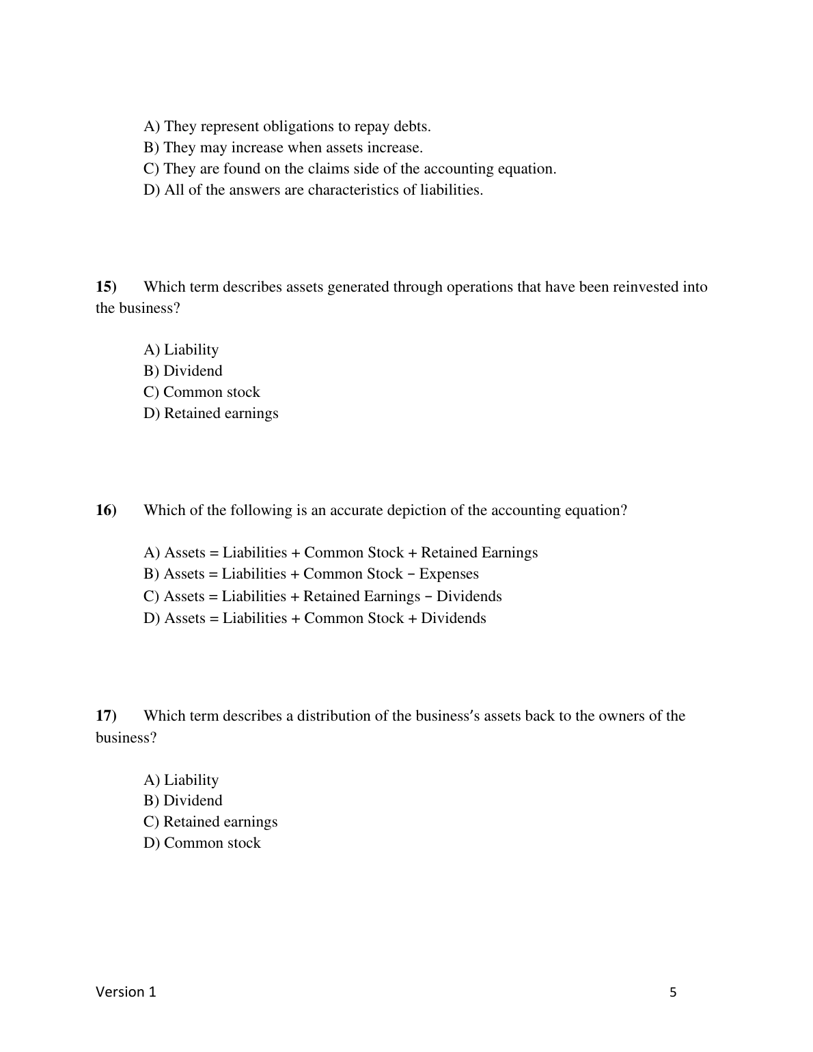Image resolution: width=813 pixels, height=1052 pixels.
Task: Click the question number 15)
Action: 107,287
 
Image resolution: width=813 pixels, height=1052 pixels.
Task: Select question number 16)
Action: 107,510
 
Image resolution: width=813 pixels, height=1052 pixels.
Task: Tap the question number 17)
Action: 107,716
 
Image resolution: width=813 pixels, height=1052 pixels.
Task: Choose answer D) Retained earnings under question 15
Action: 211,413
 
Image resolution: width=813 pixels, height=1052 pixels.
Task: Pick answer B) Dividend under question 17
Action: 183,801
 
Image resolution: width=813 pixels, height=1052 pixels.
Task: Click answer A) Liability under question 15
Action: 181,350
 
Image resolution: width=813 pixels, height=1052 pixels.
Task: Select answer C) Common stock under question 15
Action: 202,392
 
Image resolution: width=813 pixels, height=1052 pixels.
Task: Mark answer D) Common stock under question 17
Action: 202,843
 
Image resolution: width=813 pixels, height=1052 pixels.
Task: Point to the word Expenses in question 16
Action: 449,574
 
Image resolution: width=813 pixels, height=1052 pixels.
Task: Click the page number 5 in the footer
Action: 673,993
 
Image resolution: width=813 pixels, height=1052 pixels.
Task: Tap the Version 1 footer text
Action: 126,992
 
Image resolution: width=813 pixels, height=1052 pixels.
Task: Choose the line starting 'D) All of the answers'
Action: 313,190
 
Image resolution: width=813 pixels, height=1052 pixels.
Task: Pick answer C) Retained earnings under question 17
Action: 210,822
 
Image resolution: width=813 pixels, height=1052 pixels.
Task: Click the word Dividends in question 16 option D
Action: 454,618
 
